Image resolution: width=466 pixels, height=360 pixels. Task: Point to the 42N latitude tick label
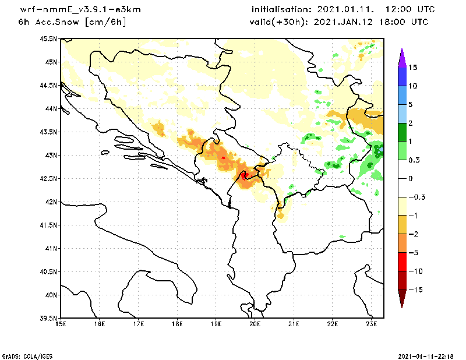click(50, 202)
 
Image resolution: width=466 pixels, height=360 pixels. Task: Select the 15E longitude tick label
click(61, 324)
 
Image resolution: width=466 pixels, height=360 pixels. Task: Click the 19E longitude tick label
click(216, 324)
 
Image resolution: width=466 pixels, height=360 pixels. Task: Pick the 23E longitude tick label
click(372, 324)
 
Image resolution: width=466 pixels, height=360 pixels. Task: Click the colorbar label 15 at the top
click(412, 68)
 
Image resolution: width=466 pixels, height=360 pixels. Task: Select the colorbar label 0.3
click(414, 160)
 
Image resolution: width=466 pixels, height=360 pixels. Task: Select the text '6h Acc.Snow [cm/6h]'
click(72, 22)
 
